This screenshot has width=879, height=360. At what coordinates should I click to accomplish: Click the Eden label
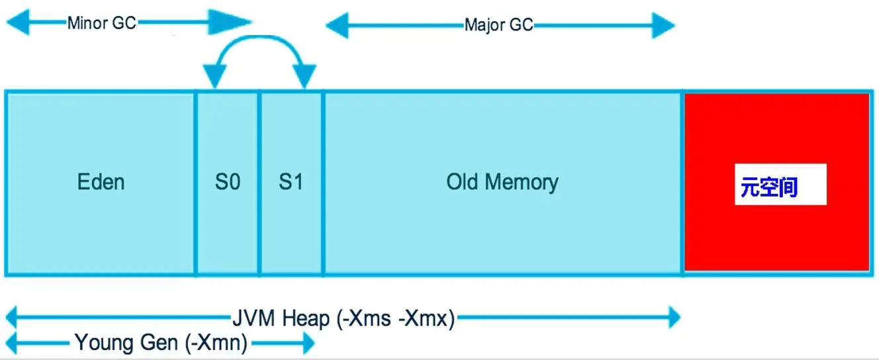[x=101, y=182]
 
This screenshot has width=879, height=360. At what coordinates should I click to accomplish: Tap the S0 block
[x=227, y=182]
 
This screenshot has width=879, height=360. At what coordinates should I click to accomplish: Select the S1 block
[x=291, y=182]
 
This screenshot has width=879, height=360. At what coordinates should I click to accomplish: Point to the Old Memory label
[x=502, y=182]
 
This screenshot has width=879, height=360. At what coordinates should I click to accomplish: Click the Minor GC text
[x=101, y=23]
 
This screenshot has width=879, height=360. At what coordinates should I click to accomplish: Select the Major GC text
[x=498, y=26]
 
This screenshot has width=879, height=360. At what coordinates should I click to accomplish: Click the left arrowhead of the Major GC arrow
[x=338, y=26]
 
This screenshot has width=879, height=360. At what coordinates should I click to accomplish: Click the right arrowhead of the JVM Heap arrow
[x=674, y=318]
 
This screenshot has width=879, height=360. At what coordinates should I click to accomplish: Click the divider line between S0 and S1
[x=259, y=182]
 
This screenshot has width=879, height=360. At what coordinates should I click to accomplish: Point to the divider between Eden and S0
[x=195, y=182]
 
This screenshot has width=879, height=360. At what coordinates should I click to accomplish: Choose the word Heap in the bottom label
[x=306, y=319]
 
